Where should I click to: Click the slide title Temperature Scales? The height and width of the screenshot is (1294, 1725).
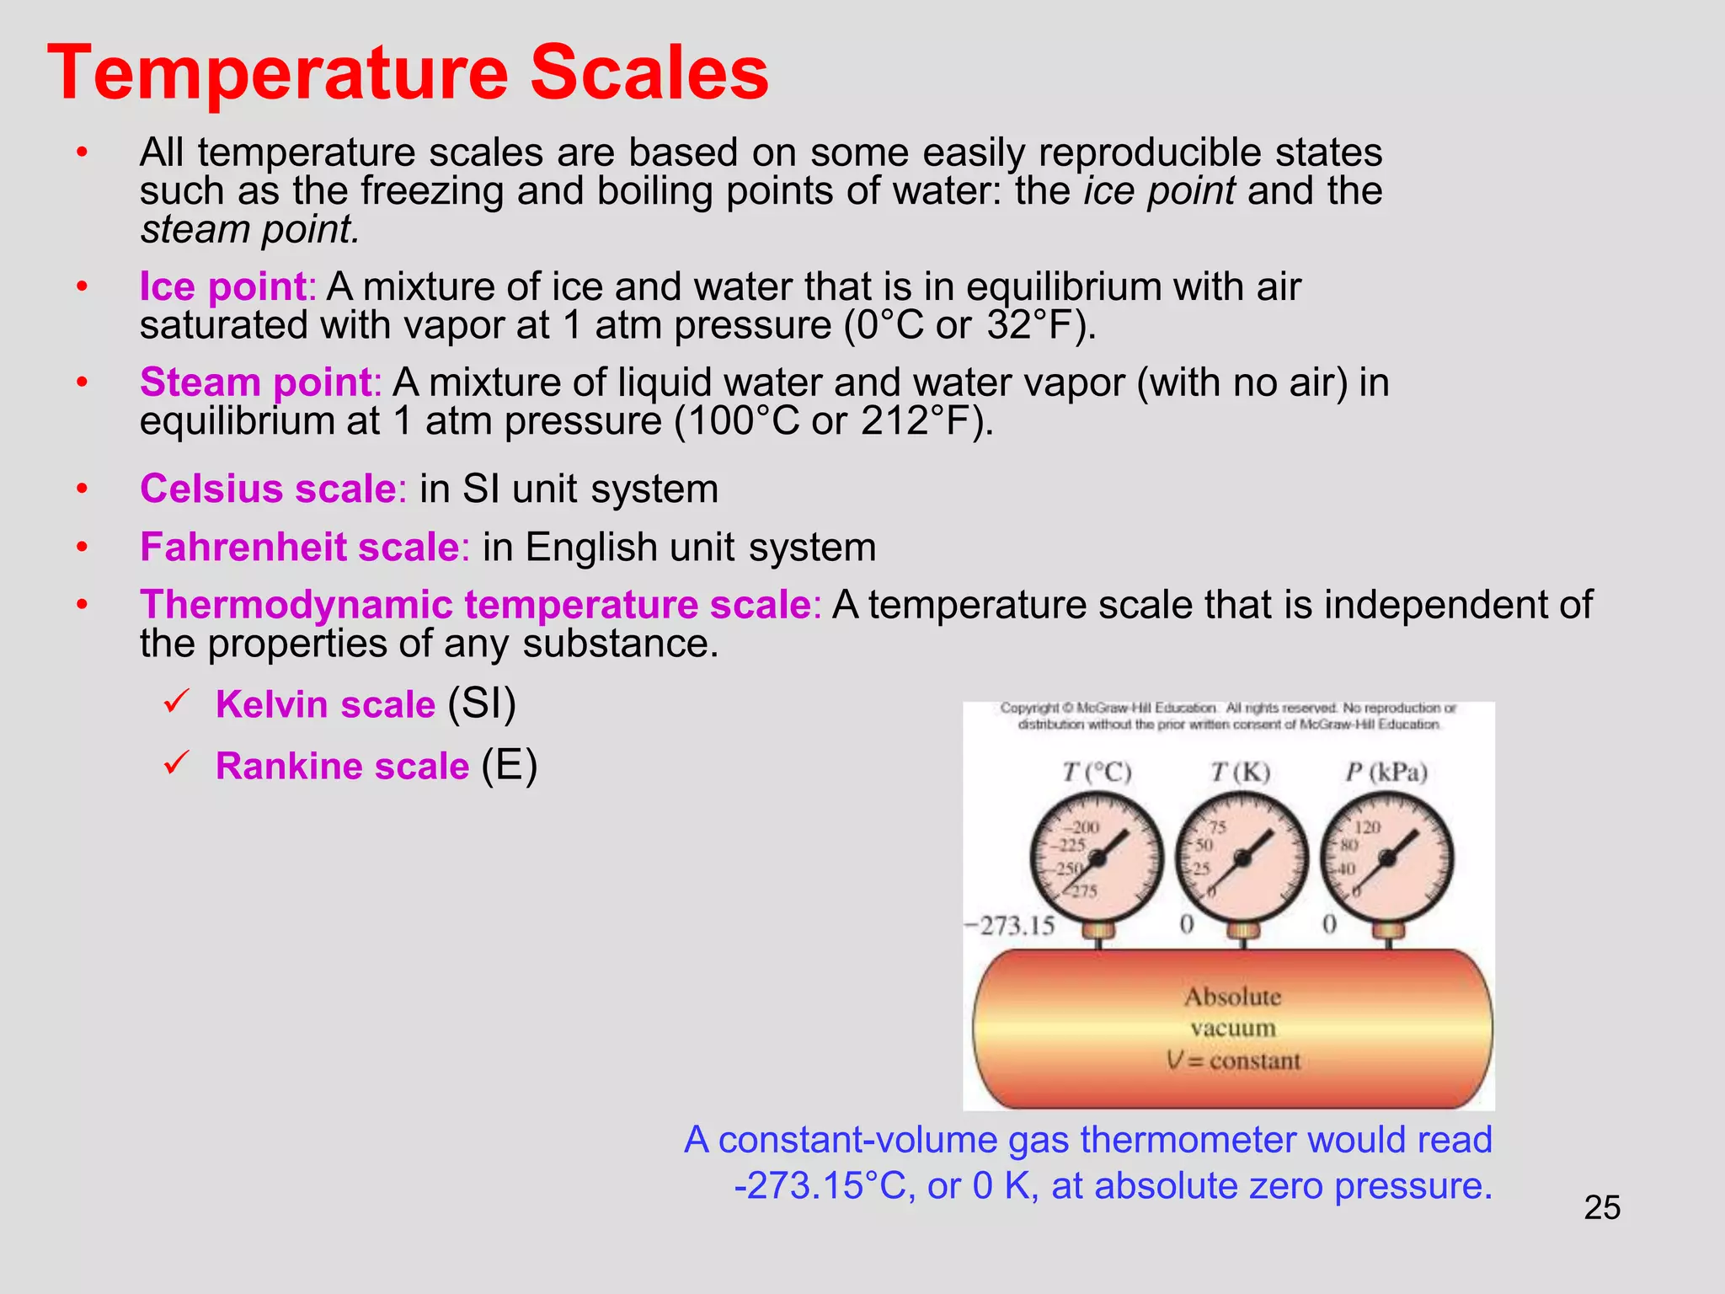408,73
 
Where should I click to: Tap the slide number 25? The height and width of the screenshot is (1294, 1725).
1601,1207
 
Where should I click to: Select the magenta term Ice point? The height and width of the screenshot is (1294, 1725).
223,286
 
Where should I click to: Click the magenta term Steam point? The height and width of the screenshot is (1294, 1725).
257,382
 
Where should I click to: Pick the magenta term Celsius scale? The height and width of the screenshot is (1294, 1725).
269,489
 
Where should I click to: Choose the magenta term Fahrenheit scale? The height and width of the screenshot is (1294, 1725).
300,547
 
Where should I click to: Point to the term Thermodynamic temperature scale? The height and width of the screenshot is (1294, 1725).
476,605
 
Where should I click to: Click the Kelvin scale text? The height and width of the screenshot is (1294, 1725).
325,704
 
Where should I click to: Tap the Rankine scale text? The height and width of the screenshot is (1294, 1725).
342,766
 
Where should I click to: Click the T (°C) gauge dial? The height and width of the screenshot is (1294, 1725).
1097,858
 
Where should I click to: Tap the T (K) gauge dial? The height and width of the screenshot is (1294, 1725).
1242,858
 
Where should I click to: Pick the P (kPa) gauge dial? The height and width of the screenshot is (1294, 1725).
1387,858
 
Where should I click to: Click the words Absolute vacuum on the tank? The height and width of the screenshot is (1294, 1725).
1232,1012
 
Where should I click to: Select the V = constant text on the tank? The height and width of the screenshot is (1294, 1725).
1233,1061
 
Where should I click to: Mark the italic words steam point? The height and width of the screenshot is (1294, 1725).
250,230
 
